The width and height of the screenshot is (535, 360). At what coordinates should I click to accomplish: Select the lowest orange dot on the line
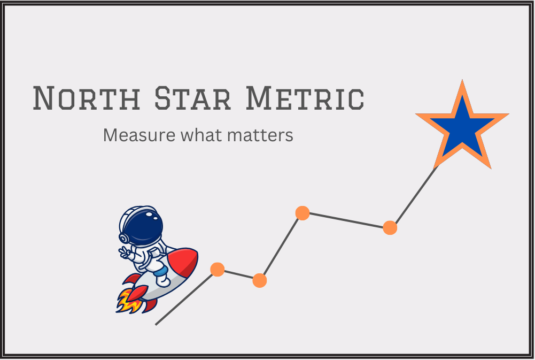tap(259, 280)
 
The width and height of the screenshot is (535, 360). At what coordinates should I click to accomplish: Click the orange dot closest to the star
tap(390, 228)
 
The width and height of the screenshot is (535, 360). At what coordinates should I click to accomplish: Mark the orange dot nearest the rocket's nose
tap(217, 269)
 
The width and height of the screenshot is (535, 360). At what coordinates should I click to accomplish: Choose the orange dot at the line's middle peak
tap(303, 213)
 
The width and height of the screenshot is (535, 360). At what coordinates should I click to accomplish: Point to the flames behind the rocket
tap(128, 301)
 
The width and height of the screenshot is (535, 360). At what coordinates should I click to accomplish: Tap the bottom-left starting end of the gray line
tap(157, 324)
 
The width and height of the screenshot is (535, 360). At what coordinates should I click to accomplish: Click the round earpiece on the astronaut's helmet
tap(123, 237)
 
